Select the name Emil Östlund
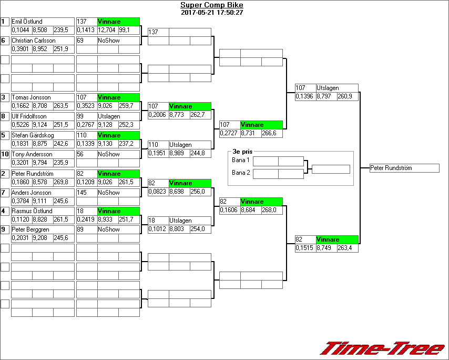pyautogui.click(x=27, y=22)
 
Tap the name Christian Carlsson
pyautogui.click(x=33, y=41)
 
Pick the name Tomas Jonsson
pyautogui.click(x=31, y=97)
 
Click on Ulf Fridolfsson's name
pyautogui.click(x=29, y=116)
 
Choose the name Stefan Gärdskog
pyautogui.click(x=33, y=135)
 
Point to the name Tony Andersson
pyautogui.click(x=32, y=154)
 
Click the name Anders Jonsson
pyautogui.click(x=32, y=193)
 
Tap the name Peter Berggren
pyautogui.click(x=30, y=229)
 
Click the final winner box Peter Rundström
pyautogui.click(x=404, y=168)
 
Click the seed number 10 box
pyautogui.click(x=5, y=154)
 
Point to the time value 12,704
pyautogui.click(x=107, y=30)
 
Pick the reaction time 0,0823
pyautogui.click(x=157, y=191)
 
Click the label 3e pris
pyautogui.click(x=240, y=152)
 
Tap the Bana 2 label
pyautogui.click(x=240, y=173)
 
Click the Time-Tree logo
pyautogui.click(x=382, y=348)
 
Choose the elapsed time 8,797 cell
pyautogui.click(x=326, y=96)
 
